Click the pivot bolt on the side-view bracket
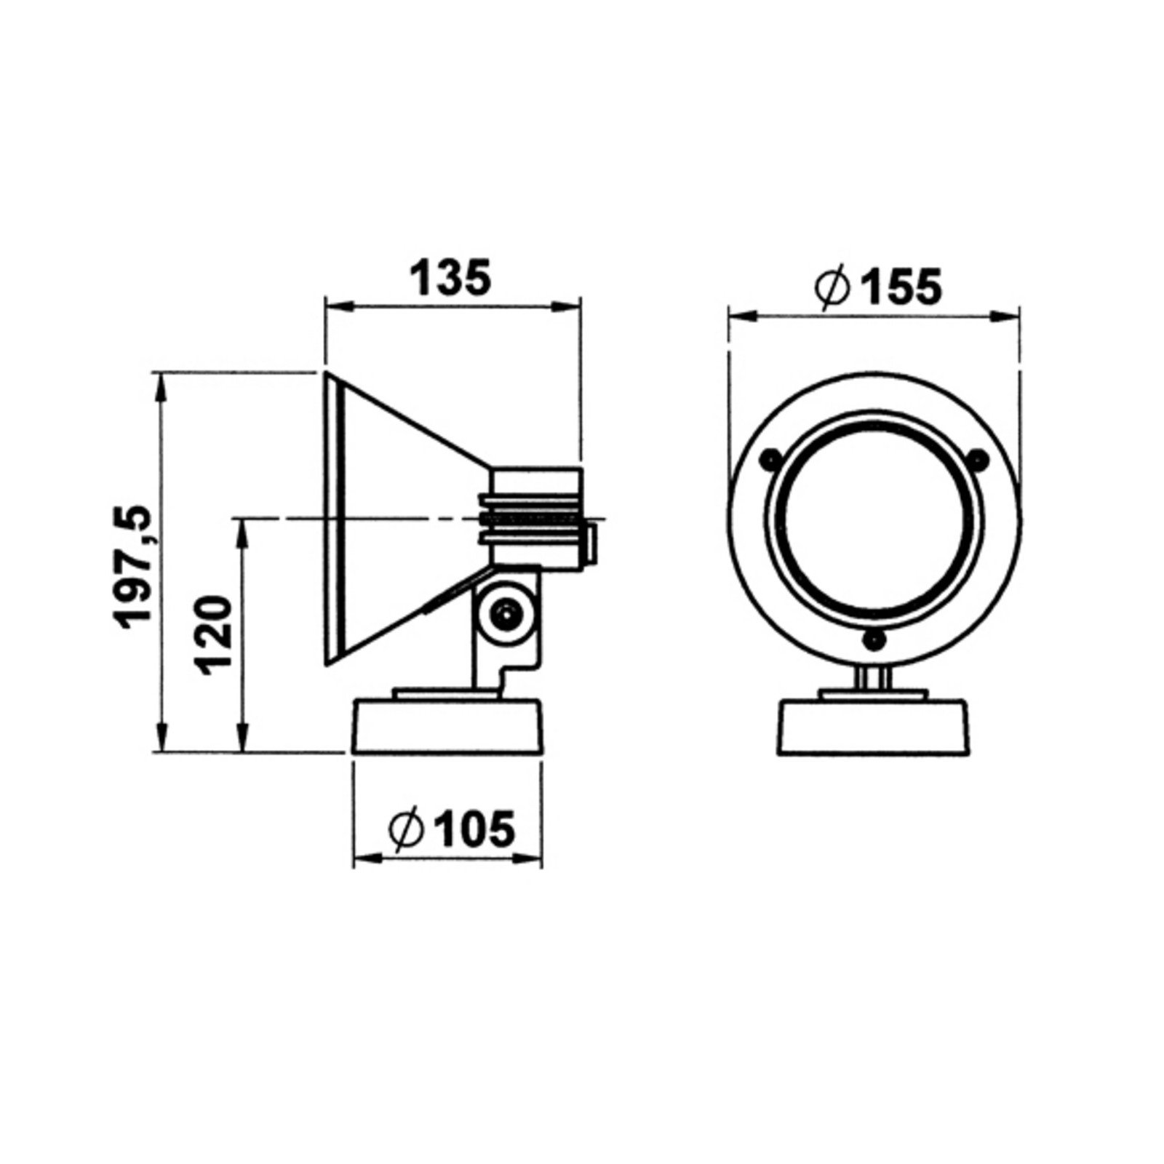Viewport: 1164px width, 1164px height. coord(503,613)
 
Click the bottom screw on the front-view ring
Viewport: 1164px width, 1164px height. coord(873,639)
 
